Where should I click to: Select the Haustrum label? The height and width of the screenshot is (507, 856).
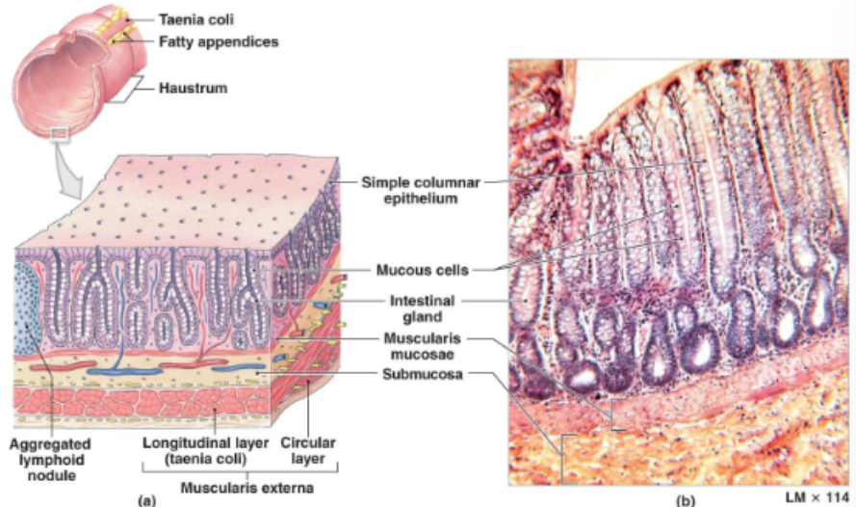(x=193, y=88)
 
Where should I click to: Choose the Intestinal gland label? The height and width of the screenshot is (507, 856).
(x=422, y=307)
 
